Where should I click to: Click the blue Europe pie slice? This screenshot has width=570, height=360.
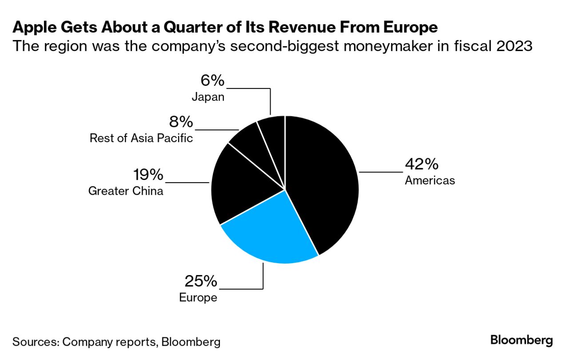click(x=267, y=231)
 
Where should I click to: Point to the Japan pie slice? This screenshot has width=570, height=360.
click(x=273, y=133)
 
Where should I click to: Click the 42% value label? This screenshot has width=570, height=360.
click(x=421, y=164)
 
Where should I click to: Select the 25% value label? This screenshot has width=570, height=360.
click(x=201, y=281)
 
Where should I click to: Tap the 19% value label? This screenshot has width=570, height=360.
click(x=148, y=175)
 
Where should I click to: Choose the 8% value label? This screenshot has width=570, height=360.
click(x=180, y=122)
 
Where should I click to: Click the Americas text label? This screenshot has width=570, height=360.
click(x=430, y=180)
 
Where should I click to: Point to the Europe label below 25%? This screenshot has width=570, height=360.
click(x=198, y=297)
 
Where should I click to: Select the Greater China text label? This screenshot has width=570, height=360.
click(x=126, y=191)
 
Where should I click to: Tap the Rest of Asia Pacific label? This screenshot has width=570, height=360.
click(x=141, y=138)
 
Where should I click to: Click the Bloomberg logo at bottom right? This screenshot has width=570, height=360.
click(x=522, y=341)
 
